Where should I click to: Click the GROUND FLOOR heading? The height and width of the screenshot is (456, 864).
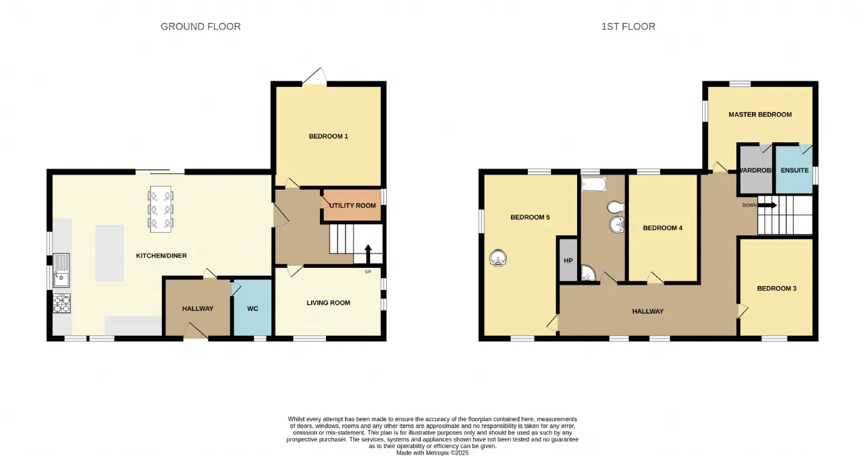tap(200, 26)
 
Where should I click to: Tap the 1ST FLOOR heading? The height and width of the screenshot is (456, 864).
tap(628, 26)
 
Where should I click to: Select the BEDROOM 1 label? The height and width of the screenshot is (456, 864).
tap(328, 136)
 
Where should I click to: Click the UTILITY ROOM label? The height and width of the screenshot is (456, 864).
tap(352, 206)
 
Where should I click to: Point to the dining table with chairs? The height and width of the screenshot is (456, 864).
tap(161, 209)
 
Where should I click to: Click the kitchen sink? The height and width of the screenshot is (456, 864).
tap(61, 270)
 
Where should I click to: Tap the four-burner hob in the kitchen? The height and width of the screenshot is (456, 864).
tap(61, 304)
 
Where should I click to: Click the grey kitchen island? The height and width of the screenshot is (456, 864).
tap(109, 253)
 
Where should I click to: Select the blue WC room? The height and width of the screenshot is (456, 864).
tap(252, 308)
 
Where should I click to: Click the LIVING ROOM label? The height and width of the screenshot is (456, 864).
tap(328, 303)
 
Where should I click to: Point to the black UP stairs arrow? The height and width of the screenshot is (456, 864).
tap(368, 254)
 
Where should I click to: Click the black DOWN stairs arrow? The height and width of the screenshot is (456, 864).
tap(767, 206)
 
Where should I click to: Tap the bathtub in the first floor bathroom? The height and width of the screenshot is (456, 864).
tap(593, 184)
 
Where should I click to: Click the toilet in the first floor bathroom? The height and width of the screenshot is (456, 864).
tap(616, 207)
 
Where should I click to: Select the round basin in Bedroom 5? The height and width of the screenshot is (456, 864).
tap(498, 258)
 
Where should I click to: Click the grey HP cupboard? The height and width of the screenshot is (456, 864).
tap(568, 260)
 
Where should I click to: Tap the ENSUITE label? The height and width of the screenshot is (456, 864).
tap(794, 170)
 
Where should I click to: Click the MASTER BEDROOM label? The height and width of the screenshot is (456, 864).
tap(760, 115)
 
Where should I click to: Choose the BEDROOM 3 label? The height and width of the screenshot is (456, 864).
tap(776, 288)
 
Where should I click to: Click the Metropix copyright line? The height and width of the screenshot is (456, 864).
tap(433, 453)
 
